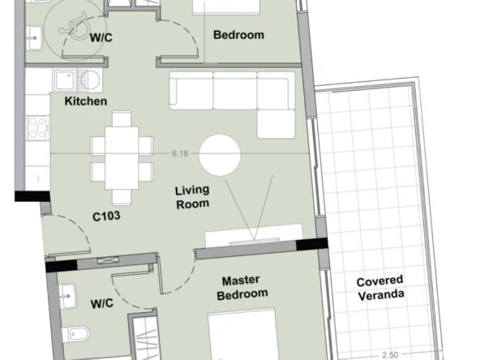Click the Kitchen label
86,101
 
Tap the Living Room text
192,197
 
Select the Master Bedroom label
242,288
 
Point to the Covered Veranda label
380,288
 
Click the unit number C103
106,216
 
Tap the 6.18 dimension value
180,153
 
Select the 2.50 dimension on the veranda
390,355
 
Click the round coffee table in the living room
220,155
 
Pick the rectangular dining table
122,158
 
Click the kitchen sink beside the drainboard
65,80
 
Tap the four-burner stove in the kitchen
37,127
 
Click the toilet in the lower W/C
76,334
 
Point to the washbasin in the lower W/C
67,296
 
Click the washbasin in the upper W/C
34,37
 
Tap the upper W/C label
101,37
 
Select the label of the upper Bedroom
238,35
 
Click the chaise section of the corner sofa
276,124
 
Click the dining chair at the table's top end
122,118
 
